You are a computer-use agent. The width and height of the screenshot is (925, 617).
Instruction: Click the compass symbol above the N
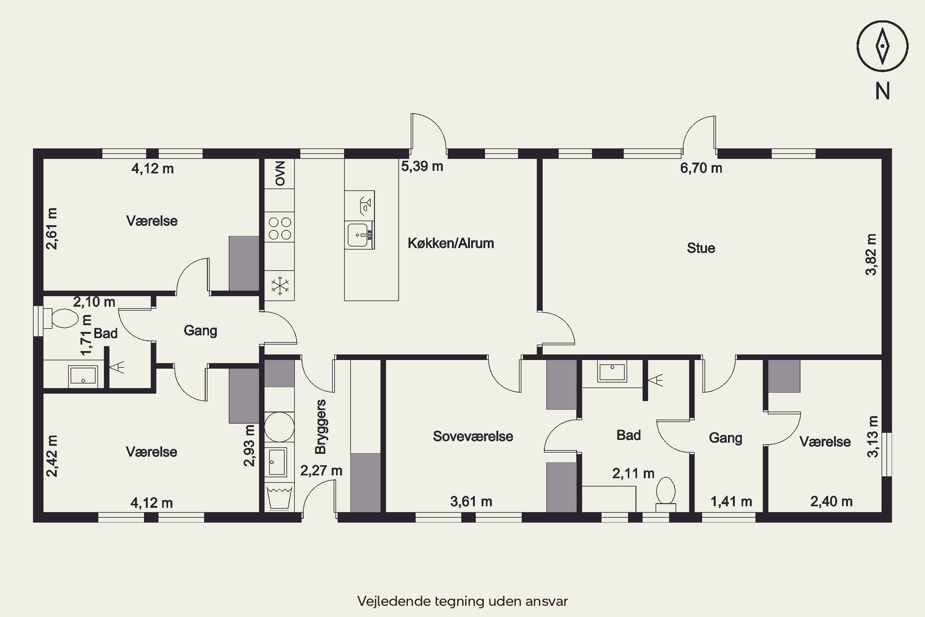(882, 46)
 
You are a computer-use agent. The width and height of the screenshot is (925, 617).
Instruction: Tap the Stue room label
(701, 248)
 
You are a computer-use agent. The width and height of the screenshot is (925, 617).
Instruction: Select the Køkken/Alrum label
(451, 243)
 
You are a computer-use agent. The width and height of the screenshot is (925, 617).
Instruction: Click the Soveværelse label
(473, 436)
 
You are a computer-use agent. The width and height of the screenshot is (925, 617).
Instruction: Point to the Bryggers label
(321, 427)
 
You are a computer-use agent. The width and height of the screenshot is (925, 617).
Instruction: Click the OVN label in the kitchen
(280, 173)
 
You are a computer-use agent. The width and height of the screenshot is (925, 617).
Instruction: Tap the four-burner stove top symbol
(280, 229)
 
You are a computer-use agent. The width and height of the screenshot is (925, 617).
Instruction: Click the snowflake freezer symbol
(280, 286)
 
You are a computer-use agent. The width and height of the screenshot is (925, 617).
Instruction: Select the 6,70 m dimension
(701, 168)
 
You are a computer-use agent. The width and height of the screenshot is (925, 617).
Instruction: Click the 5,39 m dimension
(422, 166)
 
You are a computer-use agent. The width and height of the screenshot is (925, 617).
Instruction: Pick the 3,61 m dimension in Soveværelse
(471, 501)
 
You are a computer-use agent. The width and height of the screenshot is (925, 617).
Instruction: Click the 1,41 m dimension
(731, 501)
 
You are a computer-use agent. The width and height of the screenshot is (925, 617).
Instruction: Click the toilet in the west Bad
(61, 318)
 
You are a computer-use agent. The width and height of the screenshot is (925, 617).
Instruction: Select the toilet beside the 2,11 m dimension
(665, 494)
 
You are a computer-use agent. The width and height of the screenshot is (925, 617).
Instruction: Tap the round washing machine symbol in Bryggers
(279, 427)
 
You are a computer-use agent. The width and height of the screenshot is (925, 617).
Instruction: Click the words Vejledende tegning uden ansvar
(462, 601)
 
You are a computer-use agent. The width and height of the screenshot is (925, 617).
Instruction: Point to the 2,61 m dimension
(51, 229)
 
